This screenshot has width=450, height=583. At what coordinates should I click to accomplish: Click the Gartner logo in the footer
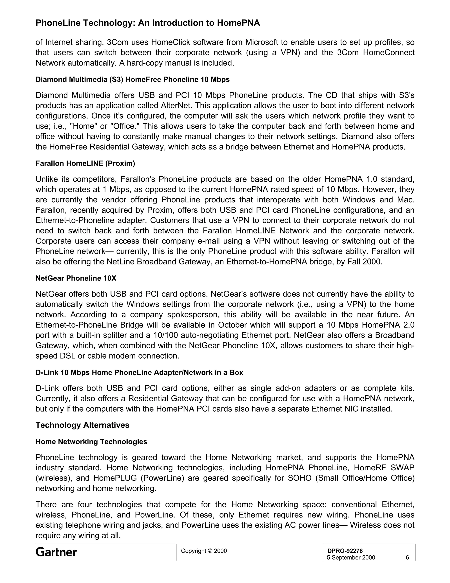point(56,552)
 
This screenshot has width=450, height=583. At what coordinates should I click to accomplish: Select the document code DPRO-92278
point(345,551)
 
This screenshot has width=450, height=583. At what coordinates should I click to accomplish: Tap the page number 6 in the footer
point(407,557)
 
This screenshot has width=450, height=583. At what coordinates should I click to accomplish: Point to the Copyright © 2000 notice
point(204,551)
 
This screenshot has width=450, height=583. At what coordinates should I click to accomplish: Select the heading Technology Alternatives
point(82,425)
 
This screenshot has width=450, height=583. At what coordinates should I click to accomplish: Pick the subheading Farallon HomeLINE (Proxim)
point(85,163)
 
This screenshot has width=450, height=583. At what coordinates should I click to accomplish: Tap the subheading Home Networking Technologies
point(91,442)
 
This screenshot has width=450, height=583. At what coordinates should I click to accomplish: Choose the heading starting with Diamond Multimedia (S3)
point(132,80)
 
